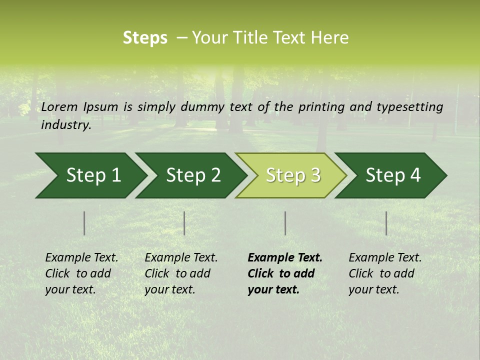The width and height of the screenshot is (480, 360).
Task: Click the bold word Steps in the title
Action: pyautogui.click(x=145, y=38)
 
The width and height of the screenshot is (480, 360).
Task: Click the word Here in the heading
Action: pyautogui.click(x=329, y=38)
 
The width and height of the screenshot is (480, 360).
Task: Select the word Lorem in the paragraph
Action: pyautogui.click(x=59, y=106)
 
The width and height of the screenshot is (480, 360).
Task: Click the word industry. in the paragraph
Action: pyautogui.click(x=66, y=124)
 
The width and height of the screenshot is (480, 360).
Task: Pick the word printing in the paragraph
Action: pyautogui.click(x=321, y=106)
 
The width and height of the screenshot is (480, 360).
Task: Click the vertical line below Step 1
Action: pyautogui.click(x=84, y=223)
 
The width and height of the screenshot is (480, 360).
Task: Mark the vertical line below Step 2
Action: pyautogui.click(x=184, y=223)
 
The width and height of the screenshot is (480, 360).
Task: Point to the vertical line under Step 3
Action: pyautogui.click(x=285, y=223)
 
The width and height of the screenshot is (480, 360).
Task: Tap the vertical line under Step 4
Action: pyautogui.click(x=386, y=223)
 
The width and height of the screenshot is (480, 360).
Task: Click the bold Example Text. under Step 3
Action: pyautogui.click(x=285, y=257)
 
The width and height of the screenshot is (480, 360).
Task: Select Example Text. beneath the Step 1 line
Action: pyautogui.click(x=81, y=257)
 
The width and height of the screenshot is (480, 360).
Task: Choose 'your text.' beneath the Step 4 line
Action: pyautogui.click(x=373, y=289)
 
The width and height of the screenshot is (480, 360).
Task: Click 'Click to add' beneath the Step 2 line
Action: pyautogui.click(x=177, y=273)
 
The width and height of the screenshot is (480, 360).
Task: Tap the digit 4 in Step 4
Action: pyautogui.click(x=415, y=175)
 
